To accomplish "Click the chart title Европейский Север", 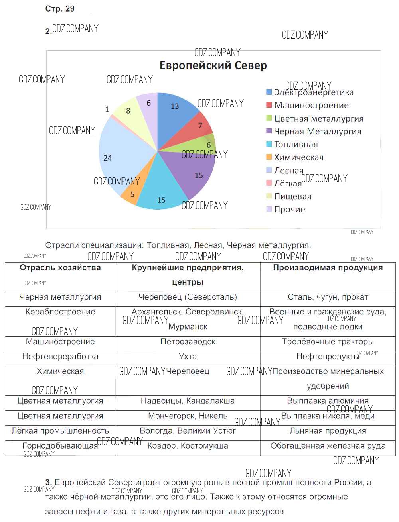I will click(213, 65).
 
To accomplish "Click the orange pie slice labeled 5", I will click(132, 194).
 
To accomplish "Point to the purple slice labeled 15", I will click(196, 173).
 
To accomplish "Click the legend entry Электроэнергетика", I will click(314, 92).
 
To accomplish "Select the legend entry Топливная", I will click(296, 145).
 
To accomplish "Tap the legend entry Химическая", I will click(298, 157).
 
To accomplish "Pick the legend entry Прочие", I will click(289, 209).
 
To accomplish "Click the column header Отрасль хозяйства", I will click(60, 268).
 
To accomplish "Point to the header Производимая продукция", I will click(328, 268).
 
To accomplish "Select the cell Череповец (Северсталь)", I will click(188, 297).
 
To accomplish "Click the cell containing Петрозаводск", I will click(188, 342).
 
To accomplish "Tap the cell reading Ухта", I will click(188, 357).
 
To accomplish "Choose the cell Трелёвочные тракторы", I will click(328, 342).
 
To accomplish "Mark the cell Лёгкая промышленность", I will click(60, 431).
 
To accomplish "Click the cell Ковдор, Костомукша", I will click(188, 446).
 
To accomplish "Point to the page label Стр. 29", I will click(60, 9).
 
